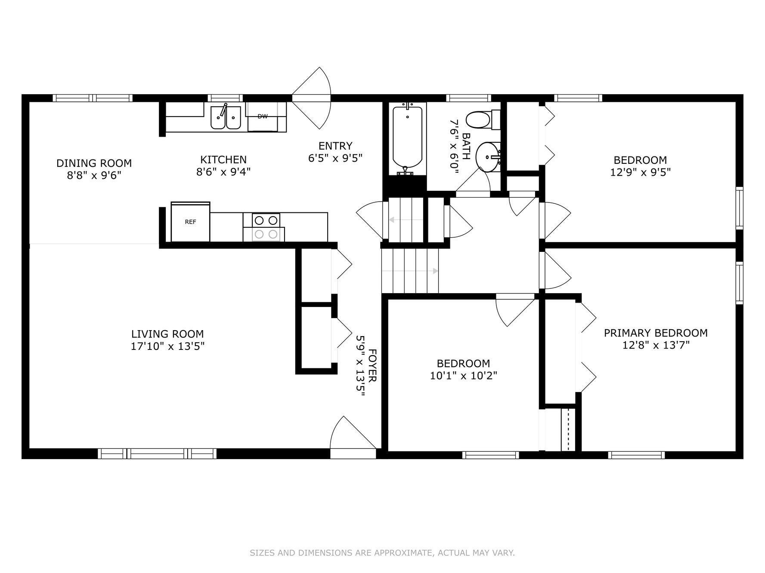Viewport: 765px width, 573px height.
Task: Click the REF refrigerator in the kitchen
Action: (190, 222)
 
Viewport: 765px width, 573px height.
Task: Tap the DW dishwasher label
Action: (262, 116)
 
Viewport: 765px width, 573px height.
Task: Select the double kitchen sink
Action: (226, 117)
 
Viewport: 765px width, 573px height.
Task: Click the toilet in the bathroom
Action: (481, 120)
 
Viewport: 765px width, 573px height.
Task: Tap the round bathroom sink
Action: (488, 157)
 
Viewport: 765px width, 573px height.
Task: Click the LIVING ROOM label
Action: (167, 334)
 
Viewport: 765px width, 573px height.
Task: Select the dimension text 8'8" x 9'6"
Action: (94, 175)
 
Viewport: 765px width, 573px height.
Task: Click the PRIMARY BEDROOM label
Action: (655, 333)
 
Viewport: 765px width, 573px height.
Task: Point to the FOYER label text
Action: (372, 365)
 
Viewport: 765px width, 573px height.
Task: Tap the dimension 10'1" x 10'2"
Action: (463, 376)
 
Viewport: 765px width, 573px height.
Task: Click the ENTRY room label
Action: (335, 146)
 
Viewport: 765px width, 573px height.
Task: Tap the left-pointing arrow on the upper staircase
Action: (392, 220)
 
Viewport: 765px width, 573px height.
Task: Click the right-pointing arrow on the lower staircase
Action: (435, 271)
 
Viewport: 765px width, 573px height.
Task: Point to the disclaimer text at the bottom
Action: (382, 553)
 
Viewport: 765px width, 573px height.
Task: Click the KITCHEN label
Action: (223, 159)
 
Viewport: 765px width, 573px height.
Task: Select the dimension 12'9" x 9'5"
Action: (640, 172)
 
